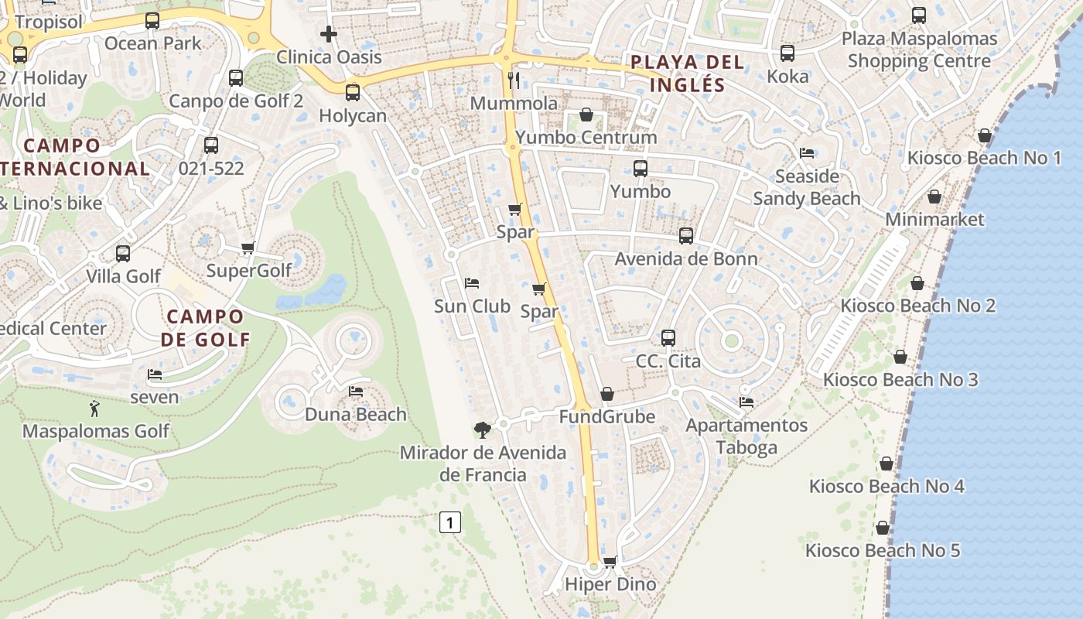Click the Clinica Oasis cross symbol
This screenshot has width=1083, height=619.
point(329,34)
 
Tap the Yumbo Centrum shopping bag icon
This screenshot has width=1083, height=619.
point(586,115)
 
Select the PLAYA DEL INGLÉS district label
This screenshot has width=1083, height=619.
point(687,74)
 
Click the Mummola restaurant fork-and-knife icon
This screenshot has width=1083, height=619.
point(513,80)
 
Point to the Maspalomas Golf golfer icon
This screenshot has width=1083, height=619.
point(94,408)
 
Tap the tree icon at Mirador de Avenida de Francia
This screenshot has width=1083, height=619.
point(482,429)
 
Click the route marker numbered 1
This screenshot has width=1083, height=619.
point(449,522)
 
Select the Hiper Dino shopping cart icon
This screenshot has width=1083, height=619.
point(610,562)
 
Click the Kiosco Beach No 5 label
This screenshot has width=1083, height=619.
point(883,551)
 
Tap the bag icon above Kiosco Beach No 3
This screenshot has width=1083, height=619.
point(900,357)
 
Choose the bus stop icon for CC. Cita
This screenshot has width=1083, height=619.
point(668,338)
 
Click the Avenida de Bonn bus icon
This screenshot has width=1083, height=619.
point(686,236)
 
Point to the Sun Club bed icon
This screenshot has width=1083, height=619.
point(471,283)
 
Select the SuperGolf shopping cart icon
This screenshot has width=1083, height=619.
point(248,248)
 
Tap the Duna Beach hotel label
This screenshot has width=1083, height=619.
point(355,414)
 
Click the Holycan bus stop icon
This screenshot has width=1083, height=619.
point(353,93)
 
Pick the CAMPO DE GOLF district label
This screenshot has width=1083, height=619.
point(206,327)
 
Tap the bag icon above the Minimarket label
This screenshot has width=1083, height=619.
point(934,197)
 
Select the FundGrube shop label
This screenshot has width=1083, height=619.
point(607,417)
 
